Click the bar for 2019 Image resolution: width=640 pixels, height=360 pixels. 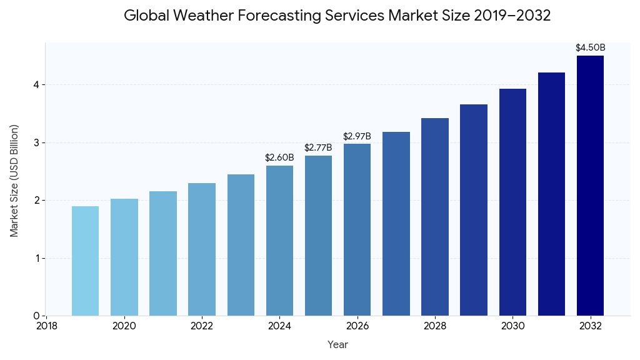(x=85, y=261)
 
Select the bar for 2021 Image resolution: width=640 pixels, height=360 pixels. (x=163, y=254)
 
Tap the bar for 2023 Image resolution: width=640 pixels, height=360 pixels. (x=241, y=245)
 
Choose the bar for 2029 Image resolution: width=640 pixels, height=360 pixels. (x=474, y=210)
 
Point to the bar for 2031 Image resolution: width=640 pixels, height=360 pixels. (x=551, y=194)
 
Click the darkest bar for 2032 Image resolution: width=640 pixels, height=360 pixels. (x=590, y=186)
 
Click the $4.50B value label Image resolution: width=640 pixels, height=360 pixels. (x=590, y=47)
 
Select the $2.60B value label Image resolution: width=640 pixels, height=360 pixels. (x=279, y=157)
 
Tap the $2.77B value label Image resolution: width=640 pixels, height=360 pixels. (x=318, y=147)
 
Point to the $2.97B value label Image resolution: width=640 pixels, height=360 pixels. (x=357, y=136)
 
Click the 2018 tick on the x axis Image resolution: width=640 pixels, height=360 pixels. (x=46, y=326)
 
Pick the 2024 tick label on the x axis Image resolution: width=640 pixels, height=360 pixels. (x=279, y=326)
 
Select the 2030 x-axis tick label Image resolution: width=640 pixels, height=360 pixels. (x=512, y=326)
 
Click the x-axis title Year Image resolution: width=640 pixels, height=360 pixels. (x=337, y=344)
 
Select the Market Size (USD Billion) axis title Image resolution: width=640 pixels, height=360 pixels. (x=14, y=181)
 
